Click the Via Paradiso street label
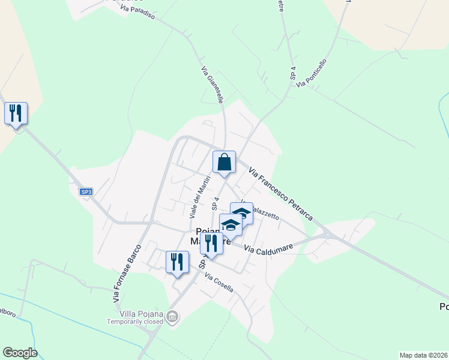click(137, 12)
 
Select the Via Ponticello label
click(311, 73)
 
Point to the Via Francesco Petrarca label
click(281, 193)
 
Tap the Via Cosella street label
click(218, 283)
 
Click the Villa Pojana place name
click(133, 313)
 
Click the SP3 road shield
click(86, 191)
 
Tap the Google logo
click(20, 353)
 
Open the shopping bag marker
click(224, 162)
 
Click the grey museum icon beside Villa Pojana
click(173, 316)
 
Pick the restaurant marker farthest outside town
click(16, 113)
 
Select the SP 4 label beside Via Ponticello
click(293, 73)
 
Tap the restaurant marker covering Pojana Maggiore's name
click(211, 244)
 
